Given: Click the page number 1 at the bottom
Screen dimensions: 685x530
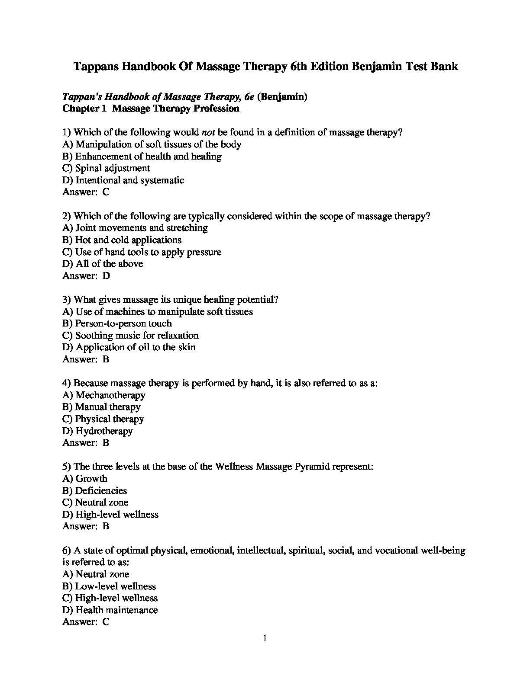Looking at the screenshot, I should coord(265,638).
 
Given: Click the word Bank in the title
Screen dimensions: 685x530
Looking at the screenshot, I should coord(444,67).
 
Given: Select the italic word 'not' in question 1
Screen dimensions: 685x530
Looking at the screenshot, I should coord(208,132).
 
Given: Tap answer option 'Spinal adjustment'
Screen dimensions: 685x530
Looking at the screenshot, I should coord(112,168).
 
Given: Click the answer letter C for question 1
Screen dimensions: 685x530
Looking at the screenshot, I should coord(106,192).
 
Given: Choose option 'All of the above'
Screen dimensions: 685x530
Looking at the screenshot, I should coord(109,264).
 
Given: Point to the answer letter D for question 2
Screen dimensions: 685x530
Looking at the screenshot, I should coord(107,275).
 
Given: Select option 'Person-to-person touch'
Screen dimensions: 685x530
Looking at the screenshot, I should coord(123,323).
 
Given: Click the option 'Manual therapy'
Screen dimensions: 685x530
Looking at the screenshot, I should coord(107,407).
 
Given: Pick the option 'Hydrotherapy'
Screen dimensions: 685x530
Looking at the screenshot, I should coord(104,431).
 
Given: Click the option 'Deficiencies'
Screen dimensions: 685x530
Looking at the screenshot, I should coord(101,490).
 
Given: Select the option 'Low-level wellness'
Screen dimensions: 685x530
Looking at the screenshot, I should coord(115,586).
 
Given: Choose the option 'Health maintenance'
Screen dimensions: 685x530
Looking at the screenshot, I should coord(116,610).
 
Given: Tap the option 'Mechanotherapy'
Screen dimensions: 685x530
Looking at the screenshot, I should coord(110,395).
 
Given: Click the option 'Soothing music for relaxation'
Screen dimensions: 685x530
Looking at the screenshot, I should coord(136,336).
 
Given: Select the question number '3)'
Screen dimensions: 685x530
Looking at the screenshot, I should coord(67,300).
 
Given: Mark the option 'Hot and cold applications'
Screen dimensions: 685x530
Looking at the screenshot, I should coord(128,240).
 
